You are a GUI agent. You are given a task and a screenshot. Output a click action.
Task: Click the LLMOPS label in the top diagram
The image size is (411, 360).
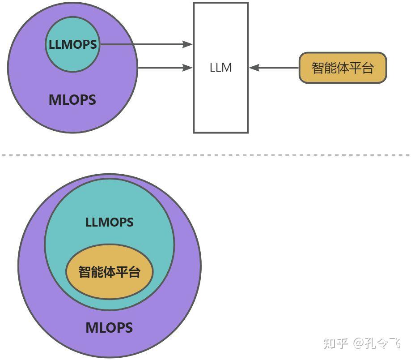click(x=72, y=45)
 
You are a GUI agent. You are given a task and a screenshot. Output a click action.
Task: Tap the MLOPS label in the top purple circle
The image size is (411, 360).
click(x=72, y=99)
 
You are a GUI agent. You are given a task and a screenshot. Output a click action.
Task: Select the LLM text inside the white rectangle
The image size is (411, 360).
click(x=220, y=68)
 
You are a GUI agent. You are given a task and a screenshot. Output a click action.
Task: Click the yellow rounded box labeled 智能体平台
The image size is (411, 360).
click(x=342, y=68)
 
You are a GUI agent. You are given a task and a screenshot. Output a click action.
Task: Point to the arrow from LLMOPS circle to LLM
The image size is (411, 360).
click(x=143, y=44)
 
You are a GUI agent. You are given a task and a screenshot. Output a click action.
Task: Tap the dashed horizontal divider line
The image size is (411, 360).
click(x=206, y=155)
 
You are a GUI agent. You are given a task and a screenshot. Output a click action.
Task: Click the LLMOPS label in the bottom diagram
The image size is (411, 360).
click(x=110, y=222)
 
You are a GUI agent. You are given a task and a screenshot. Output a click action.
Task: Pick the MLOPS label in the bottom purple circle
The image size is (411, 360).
click(x=110, y=328)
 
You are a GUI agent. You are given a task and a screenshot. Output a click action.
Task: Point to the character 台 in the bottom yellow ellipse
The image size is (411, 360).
click(x=134, y=272)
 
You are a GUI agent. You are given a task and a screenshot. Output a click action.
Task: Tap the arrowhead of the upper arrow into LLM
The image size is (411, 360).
click(x=188, y=44)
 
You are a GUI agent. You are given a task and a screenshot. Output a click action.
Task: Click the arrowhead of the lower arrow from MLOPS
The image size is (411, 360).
click(x=188, y=68)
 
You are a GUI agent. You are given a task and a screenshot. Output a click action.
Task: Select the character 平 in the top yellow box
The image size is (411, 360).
click(x=355, y=68)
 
